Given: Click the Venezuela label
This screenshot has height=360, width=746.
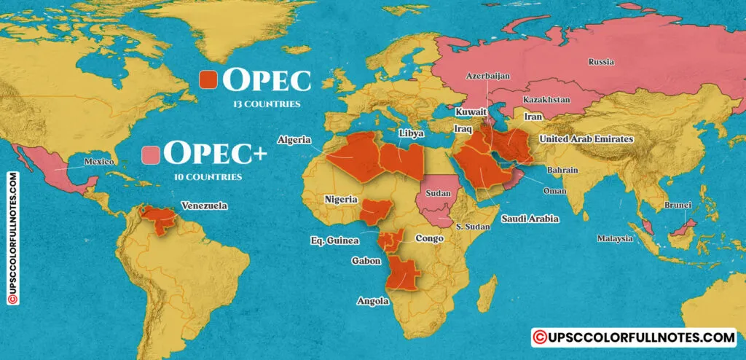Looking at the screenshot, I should (x=205, y=206).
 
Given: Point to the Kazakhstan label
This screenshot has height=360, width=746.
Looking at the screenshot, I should (x=546, y=99).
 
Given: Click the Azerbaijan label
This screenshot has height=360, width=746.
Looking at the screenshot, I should (x=488, y=76).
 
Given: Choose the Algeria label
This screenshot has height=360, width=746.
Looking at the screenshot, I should (x=294, y=139).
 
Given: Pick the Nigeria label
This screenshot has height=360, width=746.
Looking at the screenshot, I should (x=341, y=199).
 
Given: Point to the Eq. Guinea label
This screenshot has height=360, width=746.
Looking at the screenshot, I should (x=334, y=240).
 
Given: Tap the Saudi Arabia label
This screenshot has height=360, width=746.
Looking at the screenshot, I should (x=530, y=219).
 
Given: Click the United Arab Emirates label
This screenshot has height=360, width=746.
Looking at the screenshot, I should (x=586, y=138).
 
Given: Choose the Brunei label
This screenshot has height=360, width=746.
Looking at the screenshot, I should (x=677, y=206).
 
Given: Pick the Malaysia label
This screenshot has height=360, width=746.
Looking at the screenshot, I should (x=616, y=238).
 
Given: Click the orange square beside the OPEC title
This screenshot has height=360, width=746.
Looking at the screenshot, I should (x=209, y=80).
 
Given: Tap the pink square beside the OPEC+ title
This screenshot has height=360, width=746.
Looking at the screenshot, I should (x=152, y=155).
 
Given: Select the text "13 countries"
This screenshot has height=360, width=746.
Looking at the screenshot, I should (x=267, y=104).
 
